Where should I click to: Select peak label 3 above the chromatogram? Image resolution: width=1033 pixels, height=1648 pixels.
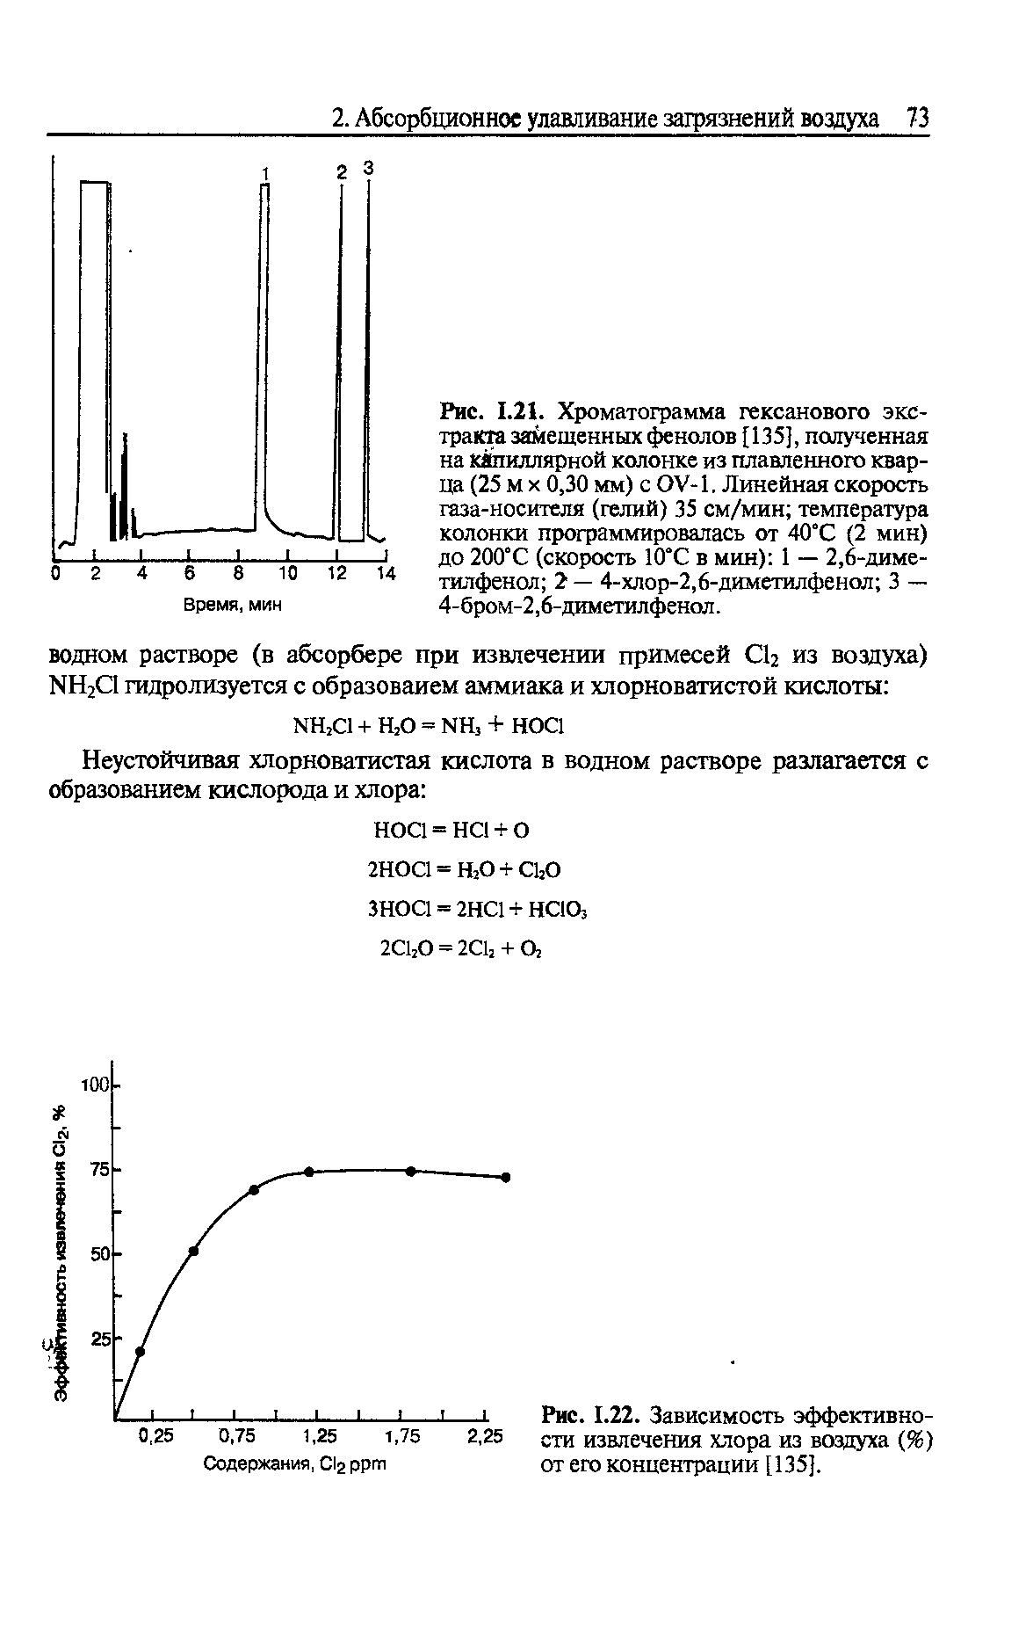coord(369,167)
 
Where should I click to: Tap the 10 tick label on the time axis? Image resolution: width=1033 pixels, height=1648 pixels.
coord(288,575)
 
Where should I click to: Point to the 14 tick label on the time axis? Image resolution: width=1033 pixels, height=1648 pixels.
coord(386,575)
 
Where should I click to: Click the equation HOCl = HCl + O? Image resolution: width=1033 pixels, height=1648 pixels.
coord(451,830)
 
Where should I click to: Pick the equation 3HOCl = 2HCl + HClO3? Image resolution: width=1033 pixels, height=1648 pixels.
coord(475,908)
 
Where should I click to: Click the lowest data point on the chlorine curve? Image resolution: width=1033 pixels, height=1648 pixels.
coord(140,1352)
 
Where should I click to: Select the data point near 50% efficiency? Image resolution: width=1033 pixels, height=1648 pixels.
coord(193,1251)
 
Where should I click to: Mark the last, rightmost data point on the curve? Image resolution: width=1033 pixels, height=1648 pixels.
coord(506,1177)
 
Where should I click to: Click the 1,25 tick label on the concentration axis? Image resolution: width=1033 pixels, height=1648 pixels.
coord(320,1436)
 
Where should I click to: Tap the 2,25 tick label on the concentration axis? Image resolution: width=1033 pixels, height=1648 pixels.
coord(485,1436)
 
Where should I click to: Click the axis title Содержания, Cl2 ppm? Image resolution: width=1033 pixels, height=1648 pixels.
coord(295,1465)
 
